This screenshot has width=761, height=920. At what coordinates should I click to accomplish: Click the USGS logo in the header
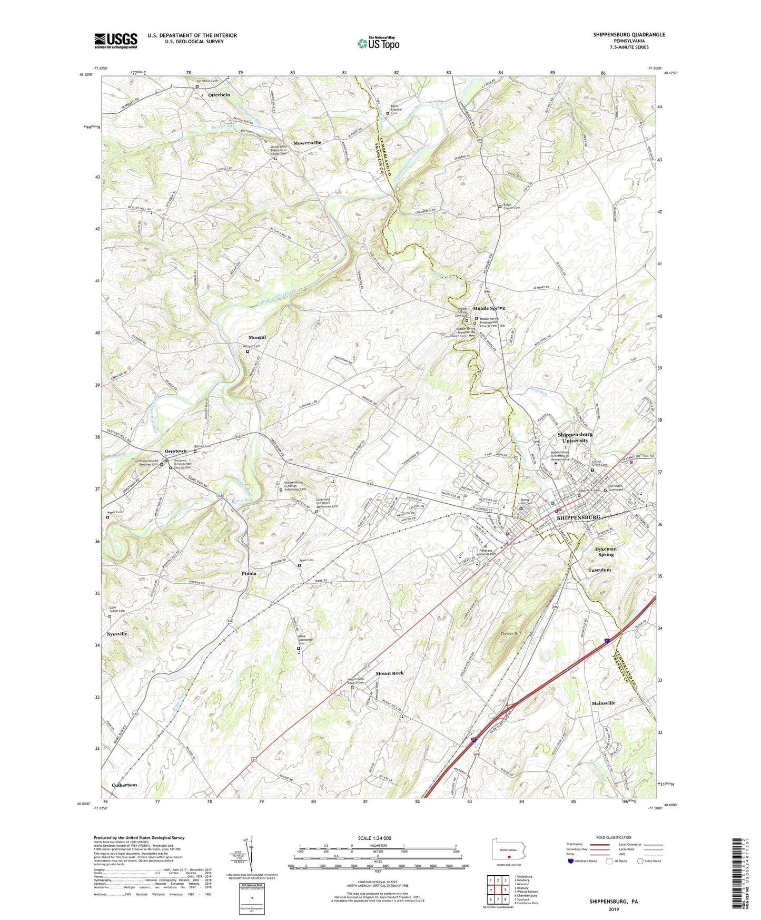116,40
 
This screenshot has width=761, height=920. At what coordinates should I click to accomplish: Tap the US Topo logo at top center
377,43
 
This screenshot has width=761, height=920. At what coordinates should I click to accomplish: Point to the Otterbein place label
219,95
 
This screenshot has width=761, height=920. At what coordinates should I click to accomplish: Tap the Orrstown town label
175,451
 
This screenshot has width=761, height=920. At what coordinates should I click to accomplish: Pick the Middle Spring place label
489,308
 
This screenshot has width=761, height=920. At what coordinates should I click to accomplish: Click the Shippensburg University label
575,437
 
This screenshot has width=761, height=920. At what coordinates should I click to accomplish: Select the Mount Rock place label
390,673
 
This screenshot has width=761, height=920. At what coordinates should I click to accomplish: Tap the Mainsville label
603,703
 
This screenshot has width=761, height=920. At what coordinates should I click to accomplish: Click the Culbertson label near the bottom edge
124,785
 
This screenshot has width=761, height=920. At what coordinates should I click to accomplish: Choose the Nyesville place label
117,634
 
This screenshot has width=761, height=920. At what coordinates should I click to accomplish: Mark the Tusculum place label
599,570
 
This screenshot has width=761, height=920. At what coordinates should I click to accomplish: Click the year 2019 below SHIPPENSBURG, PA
614,909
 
